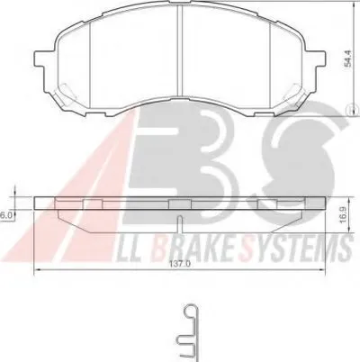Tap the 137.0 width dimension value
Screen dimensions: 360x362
[180, 264]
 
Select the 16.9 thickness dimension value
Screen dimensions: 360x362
[344, 214]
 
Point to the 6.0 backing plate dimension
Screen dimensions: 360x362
[6, 214]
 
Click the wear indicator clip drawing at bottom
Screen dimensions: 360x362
[187, 333]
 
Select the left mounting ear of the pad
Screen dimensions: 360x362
[40, 59]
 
